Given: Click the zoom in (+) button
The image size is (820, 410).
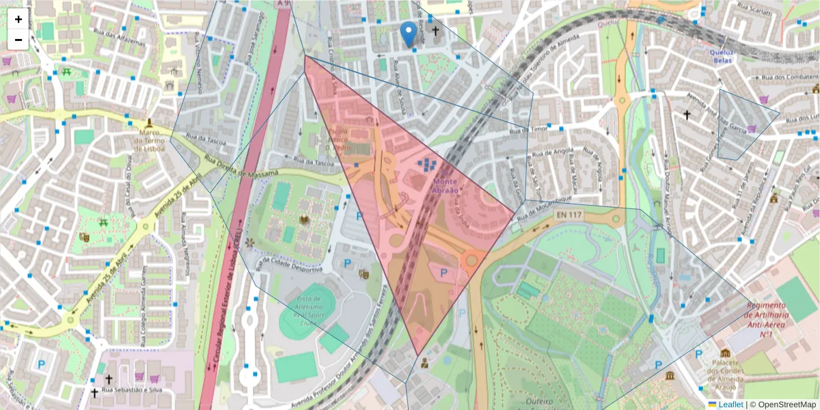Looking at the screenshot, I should pos(18,19).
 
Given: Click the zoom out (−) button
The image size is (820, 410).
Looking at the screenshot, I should pos(18,40).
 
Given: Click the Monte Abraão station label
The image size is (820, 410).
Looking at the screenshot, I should pos(446,186).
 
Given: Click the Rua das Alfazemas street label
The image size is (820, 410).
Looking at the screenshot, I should pos(124,40).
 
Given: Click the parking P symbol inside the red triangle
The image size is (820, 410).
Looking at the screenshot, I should pos(443,273).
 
